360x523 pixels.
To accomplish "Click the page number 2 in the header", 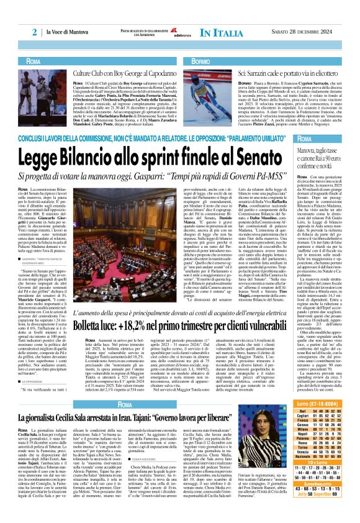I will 35,32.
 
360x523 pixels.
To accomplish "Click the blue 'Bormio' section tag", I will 200,62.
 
